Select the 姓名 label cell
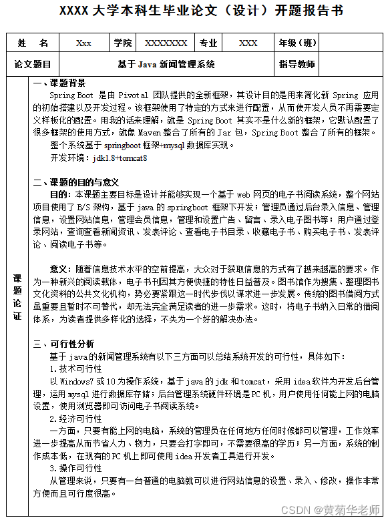click(33, 43)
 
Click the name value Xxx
click(83, 43)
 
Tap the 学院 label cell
click(123, 43)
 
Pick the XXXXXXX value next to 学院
click(166, 43)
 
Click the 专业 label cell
click(209, 43)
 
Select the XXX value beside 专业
click(248, 43)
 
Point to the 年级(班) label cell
click(298, 43)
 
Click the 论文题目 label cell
click(33, 65)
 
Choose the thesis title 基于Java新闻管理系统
click(166, 65)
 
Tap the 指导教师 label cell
click(297, 65)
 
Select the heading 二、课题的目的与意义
click(76, 182)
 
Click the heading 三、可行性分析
click(64, 344)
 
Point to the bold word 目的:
click(59, 194)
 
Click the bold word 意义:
click(59, 269)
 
